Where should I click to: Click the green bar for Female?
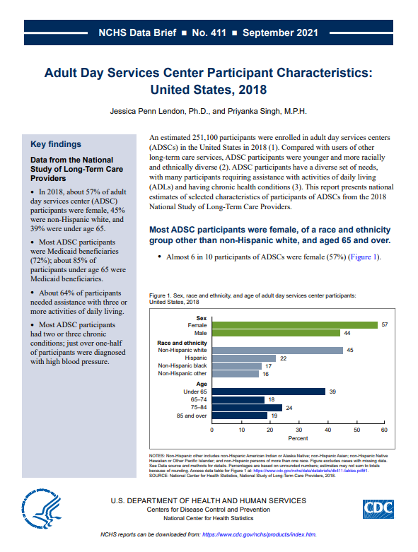click(295, 325)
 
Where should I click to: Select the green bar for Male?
click(276, 333)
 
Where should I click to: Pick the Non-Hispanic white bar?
click(277, 351)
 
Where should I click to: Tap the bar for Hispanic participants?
click(244, 358)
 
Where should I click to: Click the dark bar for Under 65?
click(269, 392)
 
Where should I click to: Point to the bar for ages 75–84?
click(248, 408)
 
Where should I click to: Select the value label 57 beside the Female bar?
click(385, 324)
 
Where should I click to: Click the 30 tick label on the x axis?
click(299, 430)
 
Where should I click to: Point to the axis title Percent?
click(298, 438)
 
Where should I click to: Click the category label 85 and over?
click(192, 416)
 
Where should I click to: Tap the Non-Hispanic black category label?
click(182, 366)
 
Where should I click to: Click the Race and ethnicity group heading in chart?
click(182, 343)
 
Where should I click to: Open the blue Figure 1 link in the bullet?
click(364, 257)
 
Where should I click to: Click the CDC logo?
click(378, 509)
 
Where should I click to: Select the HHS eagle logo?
click(41, 509)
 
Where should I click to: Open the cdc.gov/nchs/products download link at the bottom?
click(259, 534)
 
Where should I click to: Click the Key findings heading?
click(56, 144)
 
